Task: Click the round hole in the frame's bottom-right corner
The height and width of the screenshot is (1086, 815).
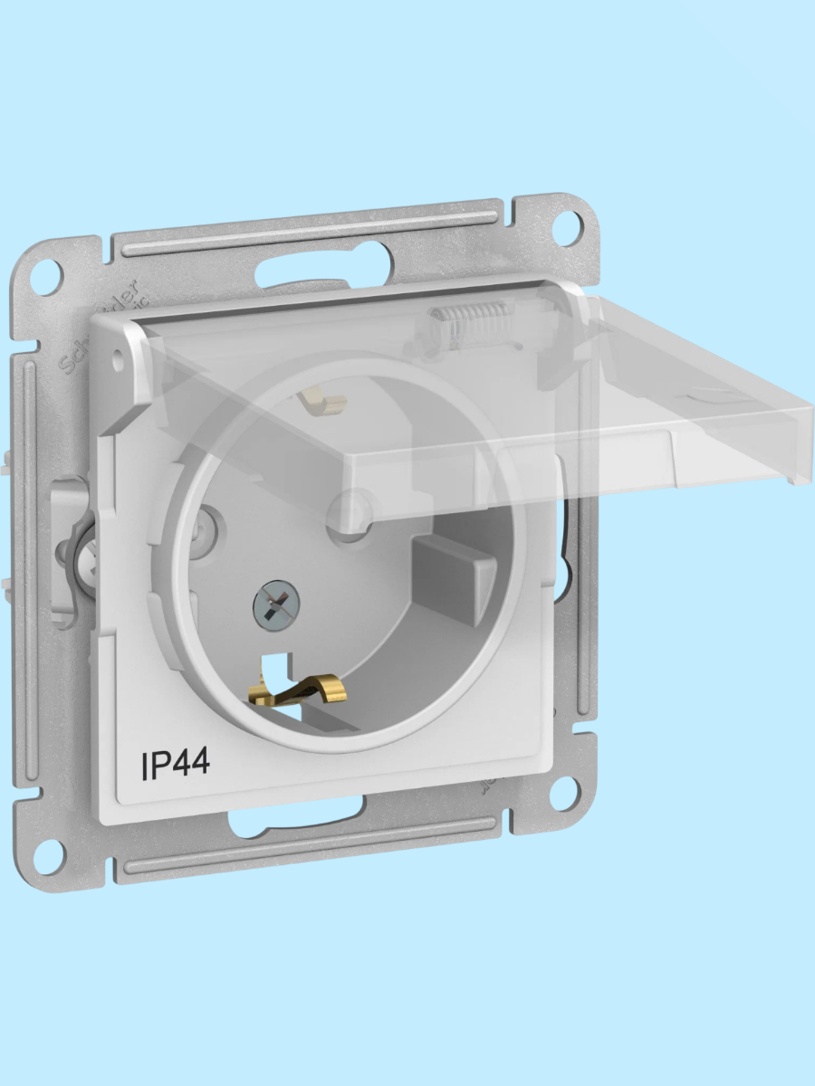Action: tap(563, 795)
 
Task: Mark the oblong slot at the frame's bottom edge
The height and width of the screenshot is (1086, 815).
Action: tap(272, 822)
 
